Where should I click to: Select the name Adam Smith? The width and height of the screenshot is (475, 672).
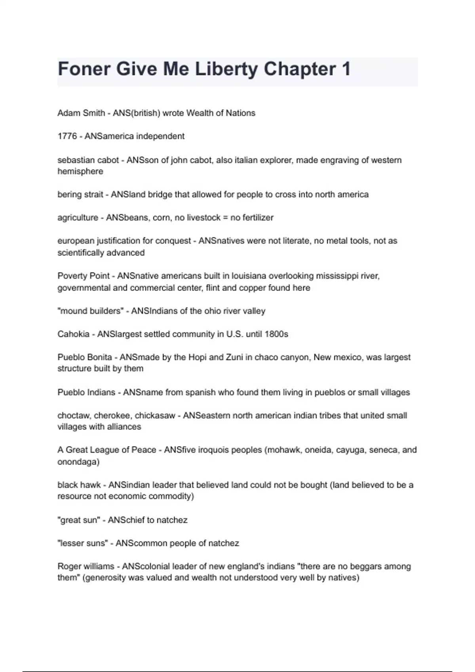(x=81, y=113)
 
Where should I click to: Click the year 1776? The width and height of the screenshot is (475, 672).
(x=67, y=136)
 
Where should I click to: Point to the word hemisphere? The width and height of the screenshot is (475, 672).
(x=80, y=172)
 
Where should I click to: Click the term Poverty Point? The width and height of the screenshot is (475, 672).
(x=84, y=276)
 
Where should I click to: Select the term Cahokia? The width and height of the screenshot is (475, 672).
(x=73, y=334)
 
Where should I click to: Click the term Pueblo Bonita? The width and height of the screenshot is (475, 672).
(x=85, y=357)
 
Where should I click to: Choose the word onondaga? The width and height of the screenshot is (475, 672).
(x=78, y=462)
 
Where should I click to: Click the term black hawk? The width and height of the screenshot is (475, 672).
(x=79, y=485)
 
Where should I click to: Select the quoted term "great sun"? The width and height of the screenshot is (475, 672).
(x=78, y=520)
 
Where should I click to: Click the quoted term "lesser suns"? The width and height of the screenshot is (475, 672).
(x=82, y=544)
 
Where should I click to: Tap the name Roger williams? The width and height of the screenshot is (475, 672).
(x=86, y=566)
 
